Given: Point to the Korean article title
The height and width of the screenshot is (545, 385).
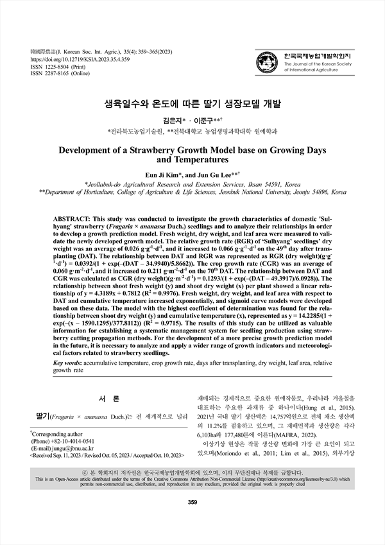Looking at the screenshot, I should (x=193, y=102).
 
